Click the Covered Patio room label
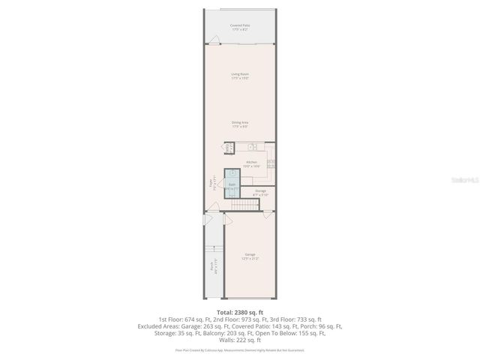(x=240, y=27)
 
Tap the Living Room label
(x=240, y=76)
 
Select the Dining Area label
(x=240, y=124)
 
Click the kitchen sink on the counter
(x=253, y=147)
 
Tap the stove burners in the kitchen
(x=271, y=163)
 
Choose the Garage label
(x=250, y=256)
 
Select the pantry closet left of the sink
(x=228, y=148)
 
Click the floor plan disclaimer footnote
(x=240, y=349)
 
